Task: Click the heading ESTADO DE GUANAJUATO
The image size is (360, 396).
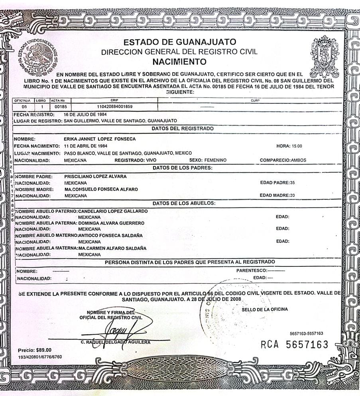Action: tap(179, 42)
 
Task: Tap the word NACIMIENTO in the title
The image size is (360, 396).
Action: tap(179, 62)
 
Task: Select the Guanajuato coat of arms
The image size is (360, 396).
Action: tap(324, 56)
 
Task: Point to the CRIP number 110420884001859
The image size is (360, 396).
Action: tap(115, 107)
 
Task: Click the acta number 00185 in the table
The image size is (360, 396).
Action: tap(60, 107)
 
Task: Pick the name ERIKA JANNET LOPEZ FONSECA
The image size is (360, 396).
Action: tap(100, 139)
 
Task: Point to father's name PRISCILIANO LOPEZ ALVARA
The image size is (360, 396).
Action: tap(96, 176)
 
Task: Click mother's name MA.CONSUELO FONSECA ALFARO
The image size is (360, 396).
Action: tap(101, 189)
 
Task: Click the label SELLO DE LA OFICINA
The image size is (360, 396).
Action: tap(264, 309)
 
